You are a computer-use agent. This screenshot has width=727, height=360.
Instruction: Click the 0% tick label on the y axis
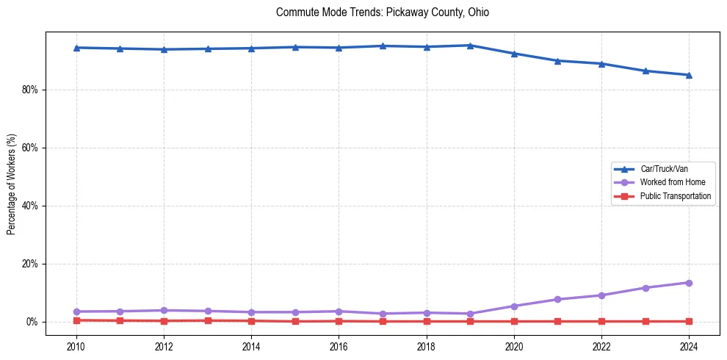coord(35,322)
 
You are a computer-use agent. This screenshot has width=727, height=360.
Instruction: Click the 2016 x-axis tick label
coord(339,346)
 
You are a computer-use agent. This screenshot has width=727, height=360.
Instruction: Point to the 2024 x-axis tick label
coord(689,346)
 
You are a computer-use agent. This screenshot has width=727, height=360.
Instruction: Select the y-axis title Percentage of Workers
coord(12,184)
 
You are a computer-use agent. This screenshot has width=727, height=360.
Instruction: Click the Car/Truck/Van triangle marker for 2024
coord(689,75)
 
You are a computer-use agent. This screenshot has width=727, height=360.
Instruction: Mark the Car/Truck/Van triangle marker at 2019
coord(470,46)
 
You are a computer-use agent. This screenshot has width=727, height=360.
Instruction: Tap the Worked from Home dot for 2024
coord(689,283)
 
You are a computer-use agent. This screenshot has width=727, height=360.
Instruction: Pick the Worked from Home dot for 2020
coord(514,306)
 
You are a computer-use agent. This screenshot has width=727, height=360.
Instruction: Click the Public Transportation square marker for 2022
coord(601,321)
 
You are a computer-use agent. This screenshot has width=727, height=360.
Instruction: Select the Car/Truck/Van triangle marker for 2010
coord(76,48)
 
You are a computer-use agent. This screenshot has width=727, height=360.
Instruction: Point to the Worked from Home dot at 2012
coord(164,311)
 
